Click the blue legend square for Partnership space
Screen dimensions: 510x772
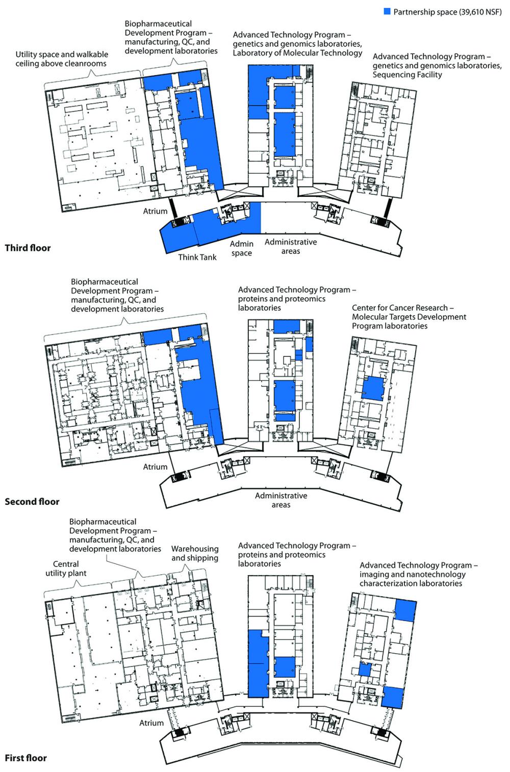point(387,11)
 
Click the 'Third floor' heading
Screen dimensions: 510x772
point(28,248)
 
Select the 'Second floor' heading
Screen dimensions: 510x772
point(32,501)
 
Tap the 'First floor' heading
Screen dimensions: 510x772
point(26,758)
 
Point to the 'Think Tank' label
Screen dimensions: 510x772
point(197,257)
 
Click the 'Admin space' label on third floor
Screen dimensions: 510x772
point(242,248)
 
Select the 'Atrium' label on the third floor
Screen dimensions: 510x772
point(155,211)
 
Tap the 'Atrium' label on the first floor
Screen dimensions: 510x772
point(151,723)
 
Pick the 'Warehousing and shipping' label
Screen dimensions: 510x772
point(195,553)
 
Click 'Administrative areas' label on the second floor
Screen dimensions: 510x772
point(281,500)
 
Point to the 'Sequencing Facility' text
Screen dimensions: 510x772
point(407,74)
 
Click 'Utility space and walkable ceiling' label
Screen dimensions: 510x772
point(62,59)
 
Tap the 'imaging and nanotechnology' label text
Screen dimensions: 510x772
point(413,574)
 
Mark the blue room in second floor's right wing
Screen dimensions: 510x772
point(373,389)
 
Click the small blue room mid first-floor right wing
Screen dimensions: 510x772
point(365,670)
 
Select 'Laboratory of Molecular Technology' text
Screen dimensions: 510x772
point(297,53)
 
